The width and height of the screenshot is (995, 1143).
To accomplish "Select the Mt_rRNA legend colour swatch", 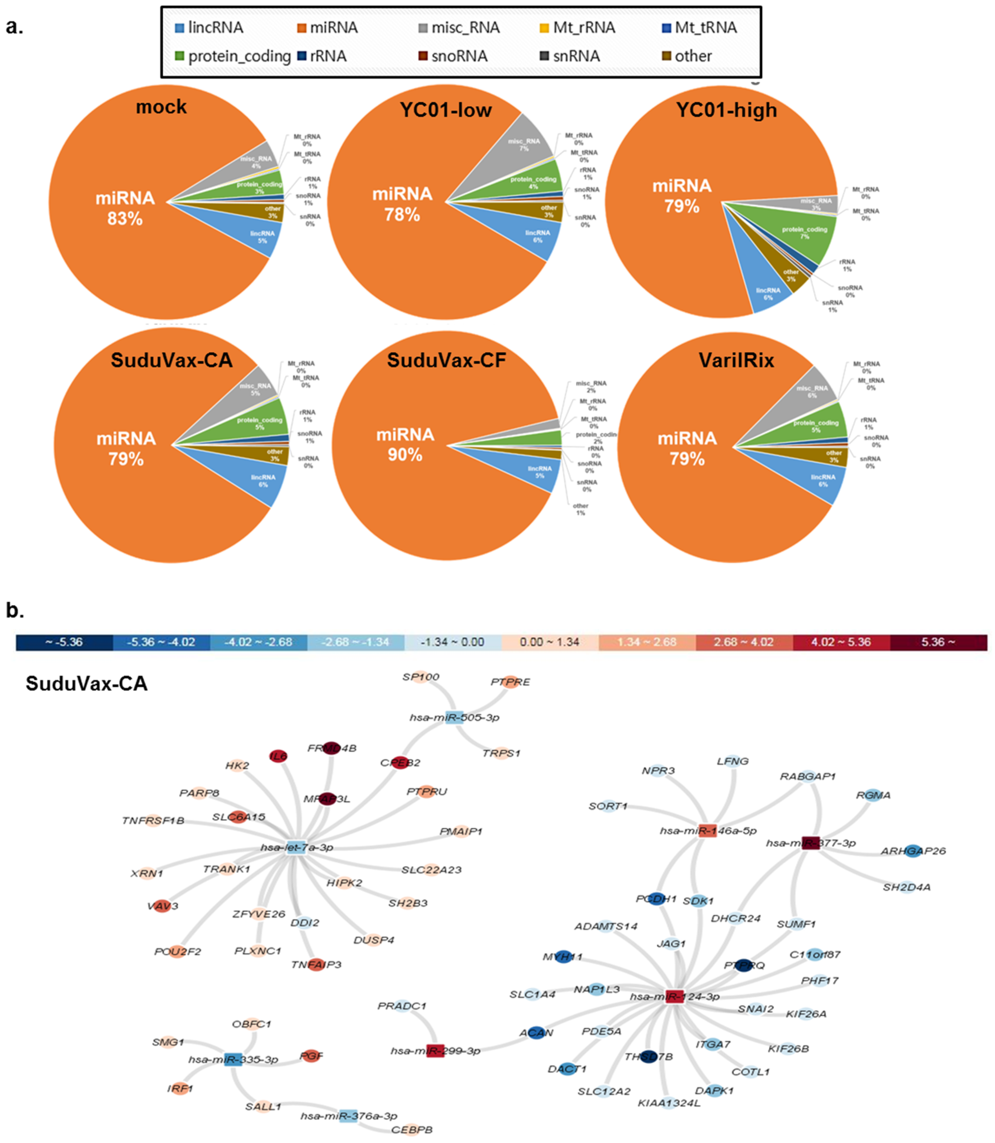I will click(x=544, y=28).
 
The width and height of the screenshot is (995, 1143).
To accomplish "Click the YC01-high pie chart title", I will click(x=726, y=110).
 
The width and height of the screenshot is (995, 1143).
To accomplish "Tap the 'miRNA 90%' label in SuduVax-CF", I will click(x=405, y=445).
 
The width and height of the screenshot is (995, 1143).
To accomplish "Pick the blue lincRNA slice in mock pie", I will click(x=261, y=238).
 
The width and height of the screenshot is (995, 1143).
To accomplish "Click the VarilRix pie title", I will click(x=736, y=360).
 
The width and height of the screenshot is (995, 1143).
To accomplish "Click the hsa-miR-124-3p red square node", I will click(x=674, y=996).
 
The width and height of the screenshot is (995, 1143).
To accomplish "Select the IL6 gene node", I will click(x=278, y=756).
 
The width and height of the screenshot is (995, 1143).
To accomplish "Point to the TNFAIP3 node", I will click(x=316, y=965).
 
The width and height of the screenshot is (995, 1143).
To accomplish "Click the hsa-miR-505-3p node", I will click(x=454, y=717).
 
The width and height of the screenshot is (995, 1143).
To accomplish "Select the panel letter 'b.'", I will click(x=15, y=610).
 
